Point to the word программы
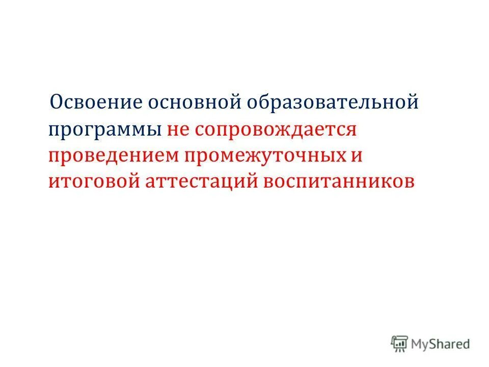tap(104, 130)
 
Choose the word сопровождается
tap(274, 129)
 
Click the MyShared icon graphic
tap(400, 344)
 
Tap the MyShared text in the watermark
tap(441, 344)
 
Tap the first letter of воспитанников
tap(268, 182)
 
